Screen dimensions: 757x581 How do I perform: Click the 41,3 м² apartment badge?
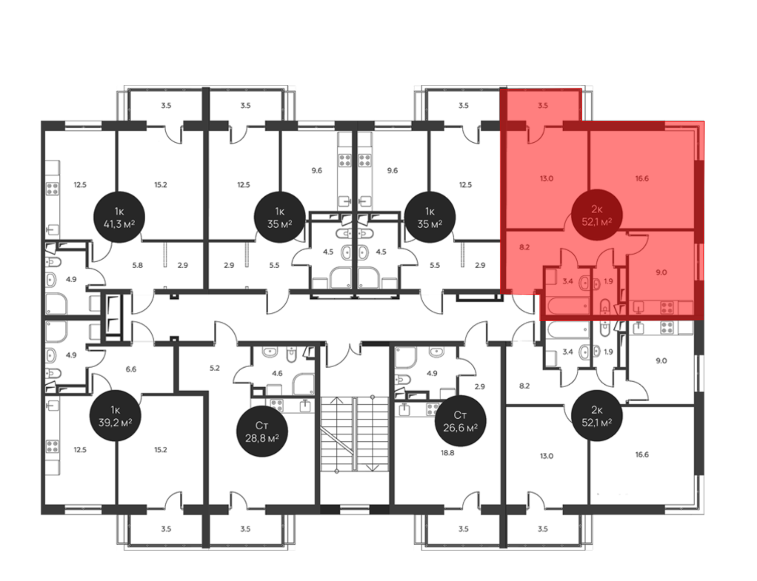coord(119,217)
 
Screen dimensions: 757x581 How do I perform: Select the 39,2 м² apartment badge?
coord(115,416)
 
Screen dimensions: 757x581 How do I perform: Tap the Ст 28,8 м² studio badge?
coord(262,431)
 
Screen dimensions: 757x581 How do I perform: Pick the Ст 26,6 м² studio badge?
coord(460,421)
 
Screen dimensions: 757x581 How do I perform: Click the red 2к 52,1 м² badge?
coord(597,215)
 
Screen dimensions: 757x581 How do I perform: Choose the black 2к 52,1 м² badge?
coord(597,416)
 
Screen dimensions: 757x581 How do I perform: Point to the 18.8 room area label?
coord(447,453)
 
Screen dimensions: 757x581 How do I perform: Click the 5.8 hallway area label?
coord(137,265)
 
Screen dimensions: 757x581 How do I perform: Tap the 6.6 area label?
coord(131,369)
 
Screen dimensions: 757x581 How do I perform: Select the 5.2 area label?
coord(215,368)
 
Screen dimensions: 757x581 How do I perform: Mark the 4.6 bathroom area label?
coord(277,373)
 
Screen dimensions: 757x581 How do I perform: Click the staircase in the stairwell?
coord(355,434)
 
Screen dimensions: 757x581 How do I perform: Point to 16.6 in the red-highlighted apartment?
coord(642,178)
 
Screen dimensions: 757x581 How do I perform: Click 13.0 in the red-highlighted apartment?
coord(547,178)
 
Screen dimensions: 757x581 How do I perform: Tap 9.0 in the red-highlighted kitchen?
coord(661,272)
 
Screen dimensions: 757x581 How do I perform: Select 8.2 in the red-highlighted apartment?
coord(524,247)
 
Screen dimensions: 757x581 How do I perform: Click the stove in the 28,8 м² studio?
coord(277,405)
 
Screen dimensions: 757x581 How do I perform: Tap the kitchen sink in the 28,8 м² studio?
coord(305,406)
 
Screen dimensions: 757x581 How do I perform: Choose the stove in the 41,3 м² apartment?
coord(52,188)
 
